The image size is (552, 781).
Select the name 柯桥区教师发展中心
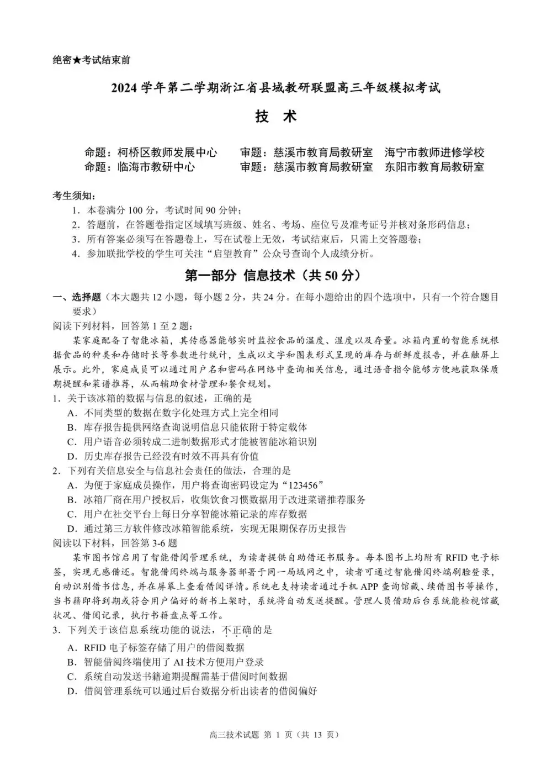[167, 152]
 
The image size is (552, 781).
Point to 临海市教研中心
[156, 167]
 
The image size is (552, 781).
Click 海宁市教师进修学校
[434, 152]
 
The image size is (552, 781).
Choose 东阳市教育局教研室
[434, 167]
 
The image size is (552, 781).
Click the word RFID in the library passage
[456, 557]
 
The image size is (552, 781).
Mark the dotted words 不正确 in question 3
[236, 630]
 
